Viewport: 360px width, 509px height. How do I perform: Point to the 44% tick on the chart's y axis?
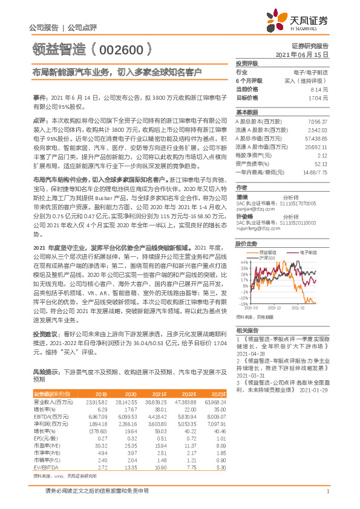243,261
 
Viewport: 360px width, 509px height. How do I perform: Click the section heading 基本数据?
246,112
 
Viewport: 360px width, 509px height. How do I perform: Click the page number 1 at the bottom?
327,491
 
